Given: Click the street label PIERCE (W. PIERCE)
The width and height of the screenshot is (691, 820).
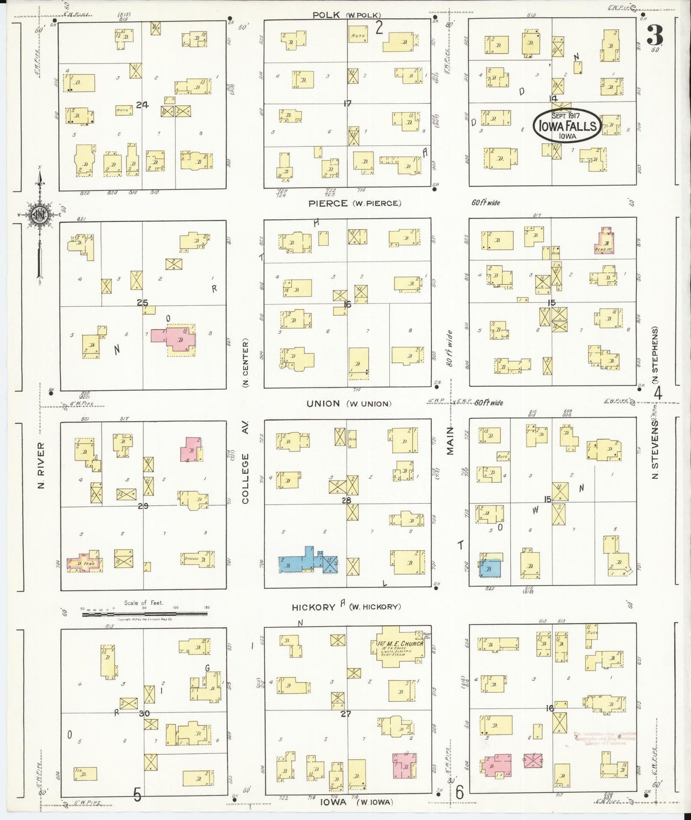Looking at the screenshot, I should click(354, 203).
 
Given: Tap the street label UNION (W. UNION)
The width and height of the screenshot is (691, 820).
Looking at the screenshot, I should click(349, 403).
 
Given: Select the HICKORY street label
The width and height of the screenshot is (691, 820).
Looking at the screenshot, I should click(314, 607).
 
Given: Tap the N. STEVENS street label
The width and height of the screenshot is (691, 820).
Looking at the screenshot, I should click(655, 449).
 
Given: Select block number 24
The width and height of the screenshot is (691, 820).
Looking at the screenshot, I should click(142, 104).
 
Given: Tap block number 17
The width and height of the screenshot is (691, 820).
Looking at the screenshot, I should click(348, 102).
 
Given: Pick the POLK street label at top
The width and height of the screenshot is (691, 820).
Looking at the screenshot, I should click(326, 15).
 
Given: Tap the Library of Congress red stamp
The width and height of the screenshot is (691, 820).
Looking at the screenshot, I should click(604, 739).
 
